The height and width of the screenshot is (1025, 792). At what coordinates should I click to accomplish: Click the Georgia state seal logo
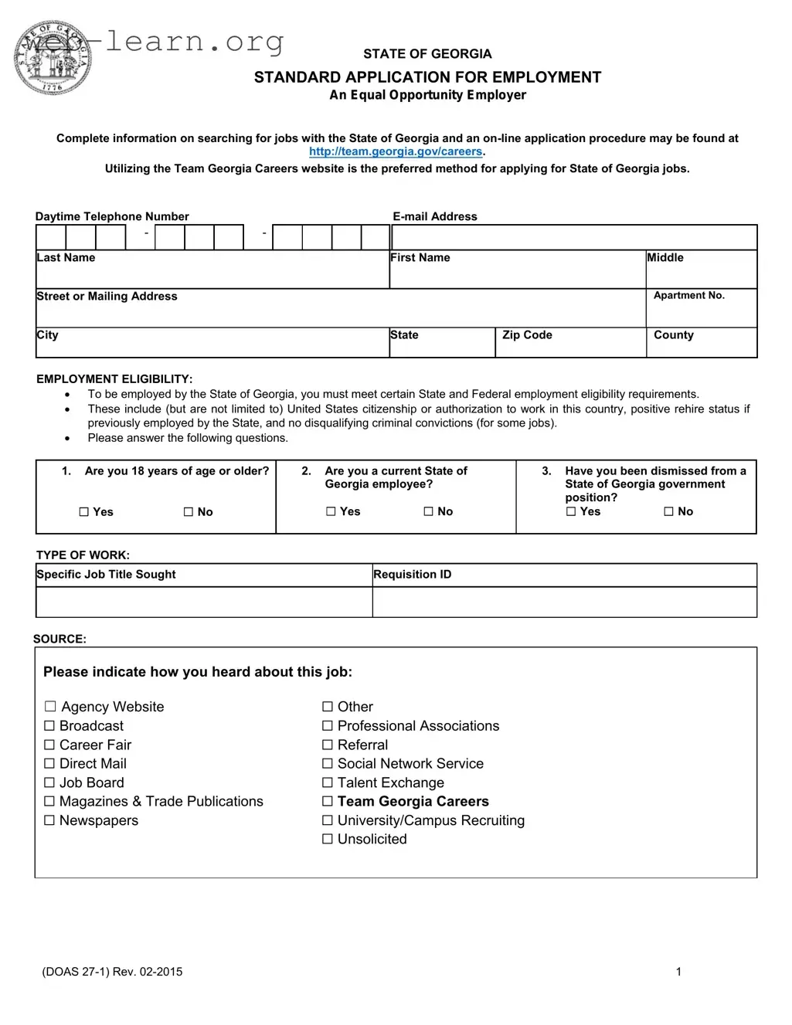(x=53, y=59)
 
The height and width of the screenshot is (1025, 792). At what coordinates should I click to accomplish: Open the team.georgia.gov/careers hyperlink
(x=396, y=152)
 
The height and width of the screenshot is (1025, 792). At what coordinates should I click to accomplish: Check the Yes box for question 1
(x=84, y=512)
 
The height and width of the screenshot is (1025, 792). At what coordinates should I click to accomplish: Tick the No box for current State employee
(x=429, y=511)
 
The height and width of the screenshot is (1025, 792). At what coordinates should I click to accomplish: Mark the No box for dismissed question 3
(x=669, y=511)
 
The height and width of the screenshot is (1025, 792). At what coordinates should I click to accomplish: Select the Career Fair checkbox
(x=50, y=745)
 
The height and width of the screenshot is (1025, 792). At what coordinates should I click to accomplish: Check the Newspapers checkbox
(x=50, y=821)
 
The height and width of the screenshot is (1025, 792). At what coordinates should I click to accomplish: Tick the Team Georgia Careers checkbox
(x=328, y=802)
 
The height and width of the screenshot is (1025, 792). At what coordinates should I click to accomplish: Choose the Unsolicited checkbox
(x=328, y=840)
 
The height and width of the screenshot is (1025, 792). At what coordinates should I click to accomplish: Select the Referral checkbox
(x=328, y=745)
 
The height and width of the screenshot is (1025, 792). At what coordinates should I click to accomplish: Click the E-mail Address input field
(x=574, y=237)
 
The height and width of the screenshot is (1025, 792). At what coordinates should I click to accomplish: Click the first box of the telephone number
(x=51, y=237)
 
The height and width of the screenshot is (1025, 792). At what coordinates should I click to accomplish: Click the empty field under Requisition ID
(x=564, y=602)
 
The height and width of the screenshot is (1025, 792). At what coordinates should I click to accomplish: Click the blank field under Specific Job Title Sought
(x=204, y=602)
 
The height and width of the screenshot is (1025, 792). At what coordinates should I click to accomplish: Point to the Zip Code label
(x=527, y=335)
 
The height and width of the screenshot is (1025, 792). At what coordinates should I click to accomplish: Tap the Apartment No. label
(x=688, y=296)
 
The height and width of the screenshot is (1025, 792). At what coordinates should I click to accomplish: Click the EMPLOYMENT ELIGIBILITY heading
(x=114, y=379)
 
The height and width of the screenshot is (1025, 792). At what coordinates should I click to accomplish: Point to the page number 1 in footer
(x=678, y=972)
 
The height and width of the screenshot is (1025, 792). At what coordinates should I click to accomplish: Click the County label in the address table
(x=673, y=335)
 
